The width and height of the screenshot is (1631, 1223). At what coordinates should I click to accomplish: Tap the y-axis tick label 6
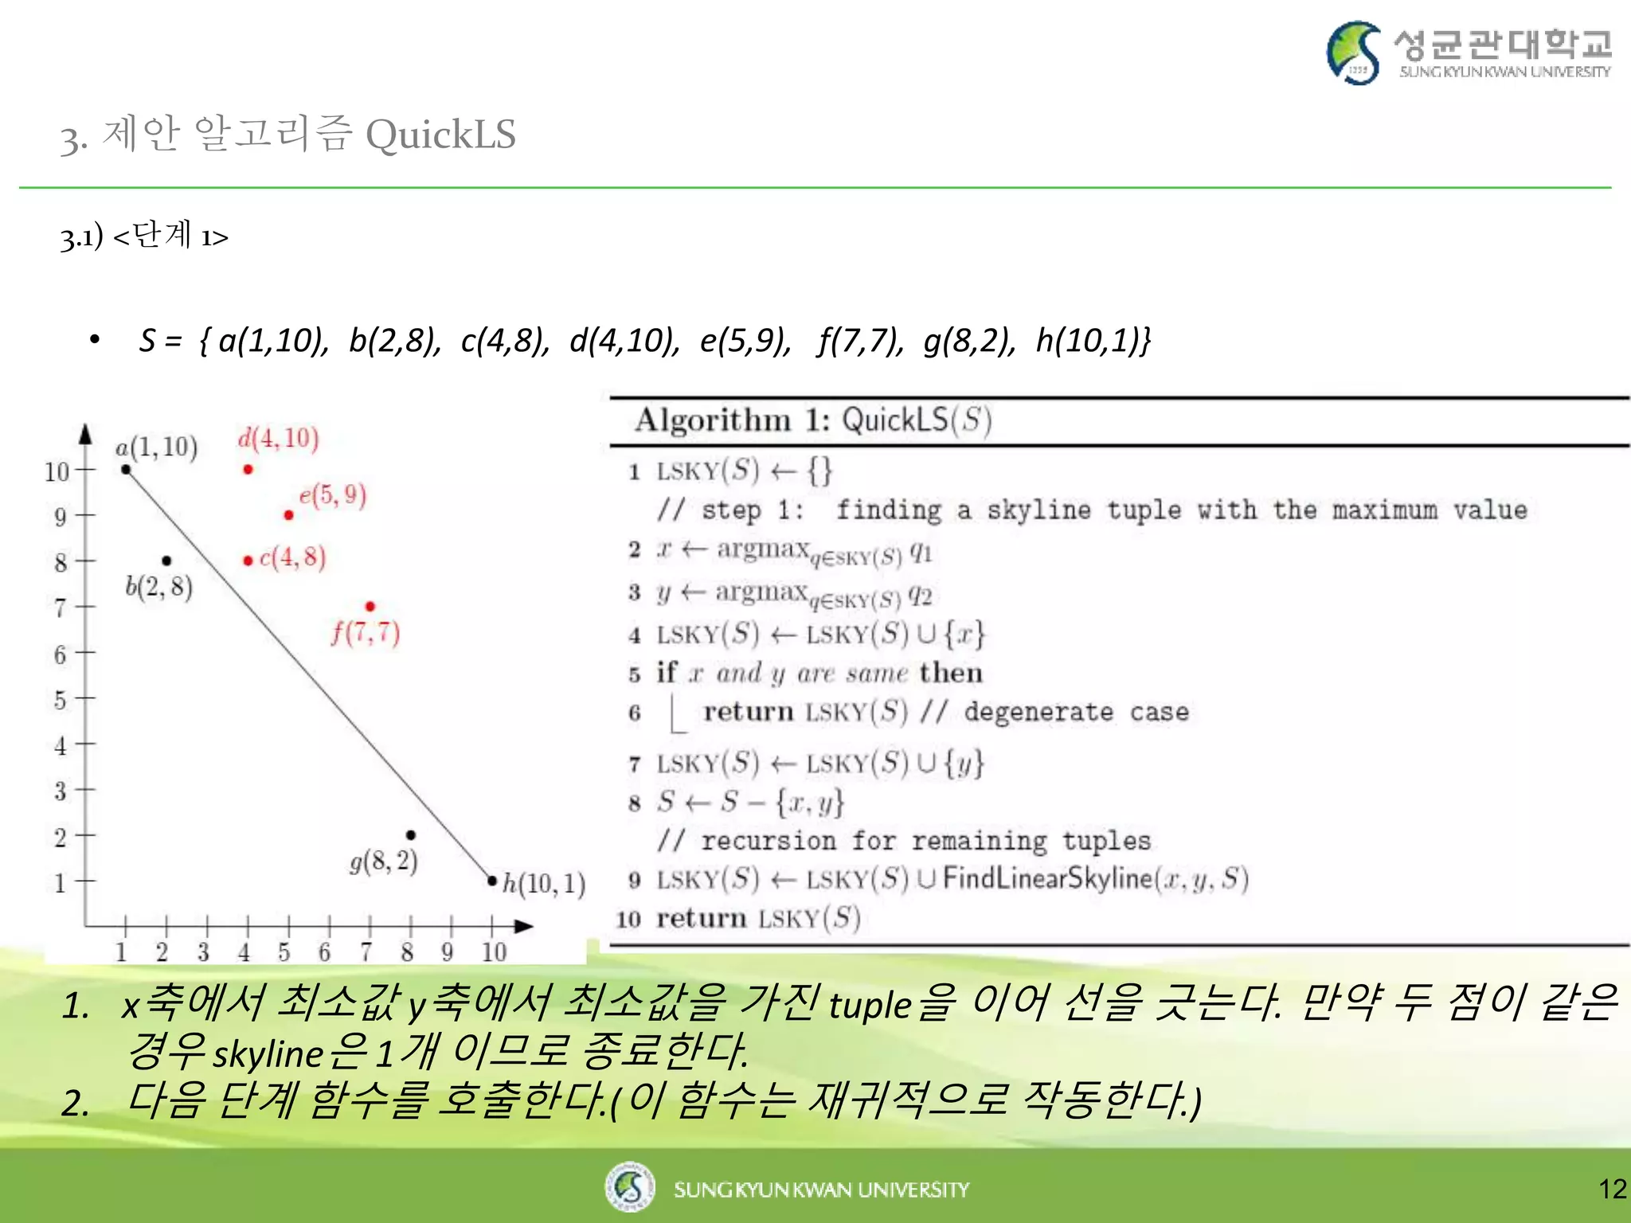click(x=60, y=654)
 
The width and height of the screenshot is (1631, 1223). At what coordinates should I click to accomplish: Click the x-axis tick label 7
click(x=366, y=951)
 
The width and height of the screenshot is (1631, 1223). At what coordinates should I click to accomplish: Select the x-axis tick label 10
click(x=494, y=951)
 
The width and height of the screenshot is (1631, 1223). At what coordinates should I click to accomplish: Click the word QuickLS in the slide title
click(x=440, y=135)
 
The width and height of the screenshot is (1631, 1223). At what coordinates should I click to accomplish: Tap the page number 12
click(x=1612, y=1190)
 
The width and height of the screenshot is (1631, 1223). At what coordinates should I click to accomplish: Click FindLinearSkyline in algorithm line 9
click(x=1047, y=878)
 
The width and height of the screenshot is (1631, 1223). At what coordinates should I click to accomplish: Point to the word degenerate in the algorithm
click(x=1038, y=712)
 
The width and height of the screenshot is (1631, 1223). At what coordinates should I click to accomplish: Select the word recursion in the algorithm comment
click(x=769, y=841)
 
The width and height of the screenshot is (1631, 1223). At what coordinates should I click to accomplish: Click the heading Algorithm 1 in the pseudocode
click(x=732, y=420)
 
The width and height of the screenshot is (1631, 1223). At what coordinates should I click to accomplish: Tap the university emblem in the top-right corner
click(x=1354, y=53)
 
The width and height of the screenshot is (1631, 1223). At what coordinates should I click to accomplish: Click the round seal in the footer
click(x=630, y=1186)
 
